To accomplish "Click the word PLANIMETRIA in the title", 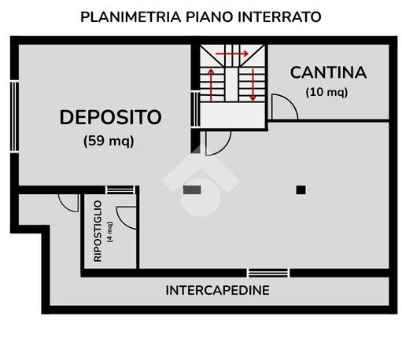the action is point(131,17).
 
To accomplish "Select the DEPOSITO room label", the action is point(110,117).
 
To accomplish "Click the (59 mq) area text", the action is point(109,141).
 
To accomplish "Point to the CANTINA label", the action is point(328,72).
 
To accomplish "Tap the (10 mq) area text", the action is point(326,92).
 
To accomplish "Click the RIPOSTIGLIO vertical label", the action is point(98,231).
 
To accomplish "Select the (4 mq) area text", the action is point(110,232).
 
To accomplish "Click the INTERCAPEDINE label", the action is point(217,290).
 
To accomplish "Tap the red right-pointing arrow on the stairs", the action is point(232,54).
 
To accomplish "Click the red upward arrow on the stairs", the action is point(211,85).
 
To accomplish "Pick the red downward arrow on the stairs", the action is point(253,85).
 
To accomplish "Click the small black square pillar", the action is point(301,190).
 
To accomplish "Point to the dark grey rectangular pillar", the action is point(192,190).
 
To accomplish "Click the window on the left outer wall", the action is point(14,116).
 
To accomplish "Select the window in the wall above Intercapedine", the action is point(268,273).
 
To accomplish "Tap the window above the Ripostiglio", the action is point(120,190).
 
